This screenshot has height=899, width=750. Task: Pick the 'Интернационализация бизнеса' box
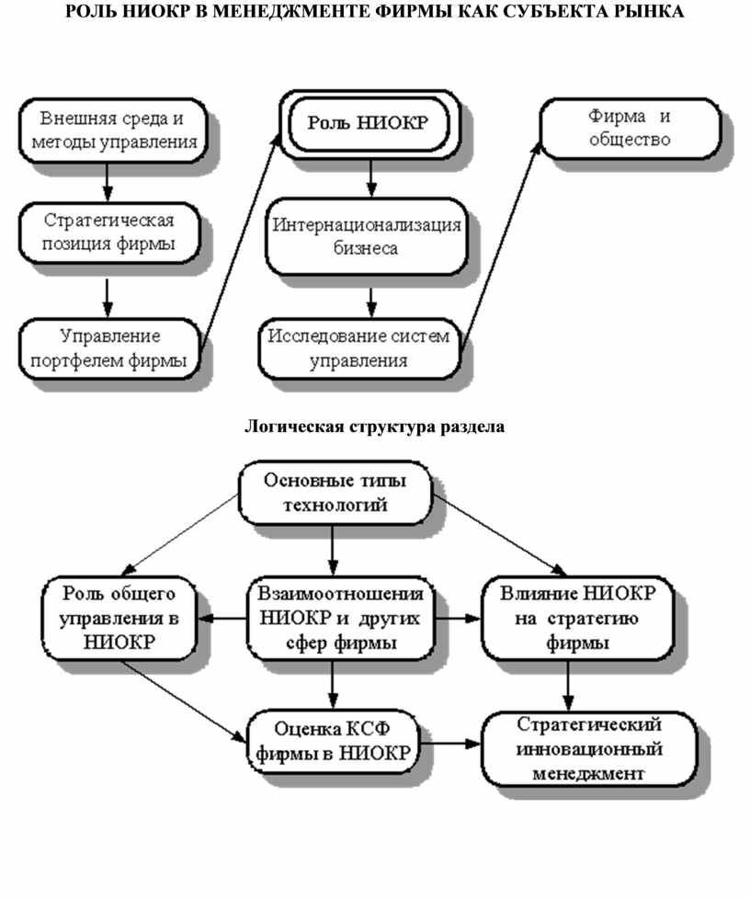[x=365, y=237]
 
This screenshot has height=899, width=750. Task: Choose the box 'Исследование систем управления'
[x=359, y=348]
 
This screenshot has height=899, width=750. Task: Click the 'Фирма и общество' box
[x=629, y=130]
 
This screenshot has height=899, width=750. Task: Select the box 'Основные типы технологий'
[x=335, y=494]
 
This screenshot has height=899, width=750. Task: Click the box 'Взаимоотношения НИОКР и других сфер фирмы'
[x=341, y=617]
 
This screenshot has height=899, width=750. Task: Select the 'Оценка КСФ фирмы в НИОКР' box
[x=333, y=743]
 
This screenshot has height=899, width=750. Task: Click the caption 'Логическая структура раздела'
[x=374, y=427]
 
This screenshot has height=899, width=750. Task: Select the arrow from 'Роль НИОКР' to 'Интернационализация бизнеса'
[x=371, y=177]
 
